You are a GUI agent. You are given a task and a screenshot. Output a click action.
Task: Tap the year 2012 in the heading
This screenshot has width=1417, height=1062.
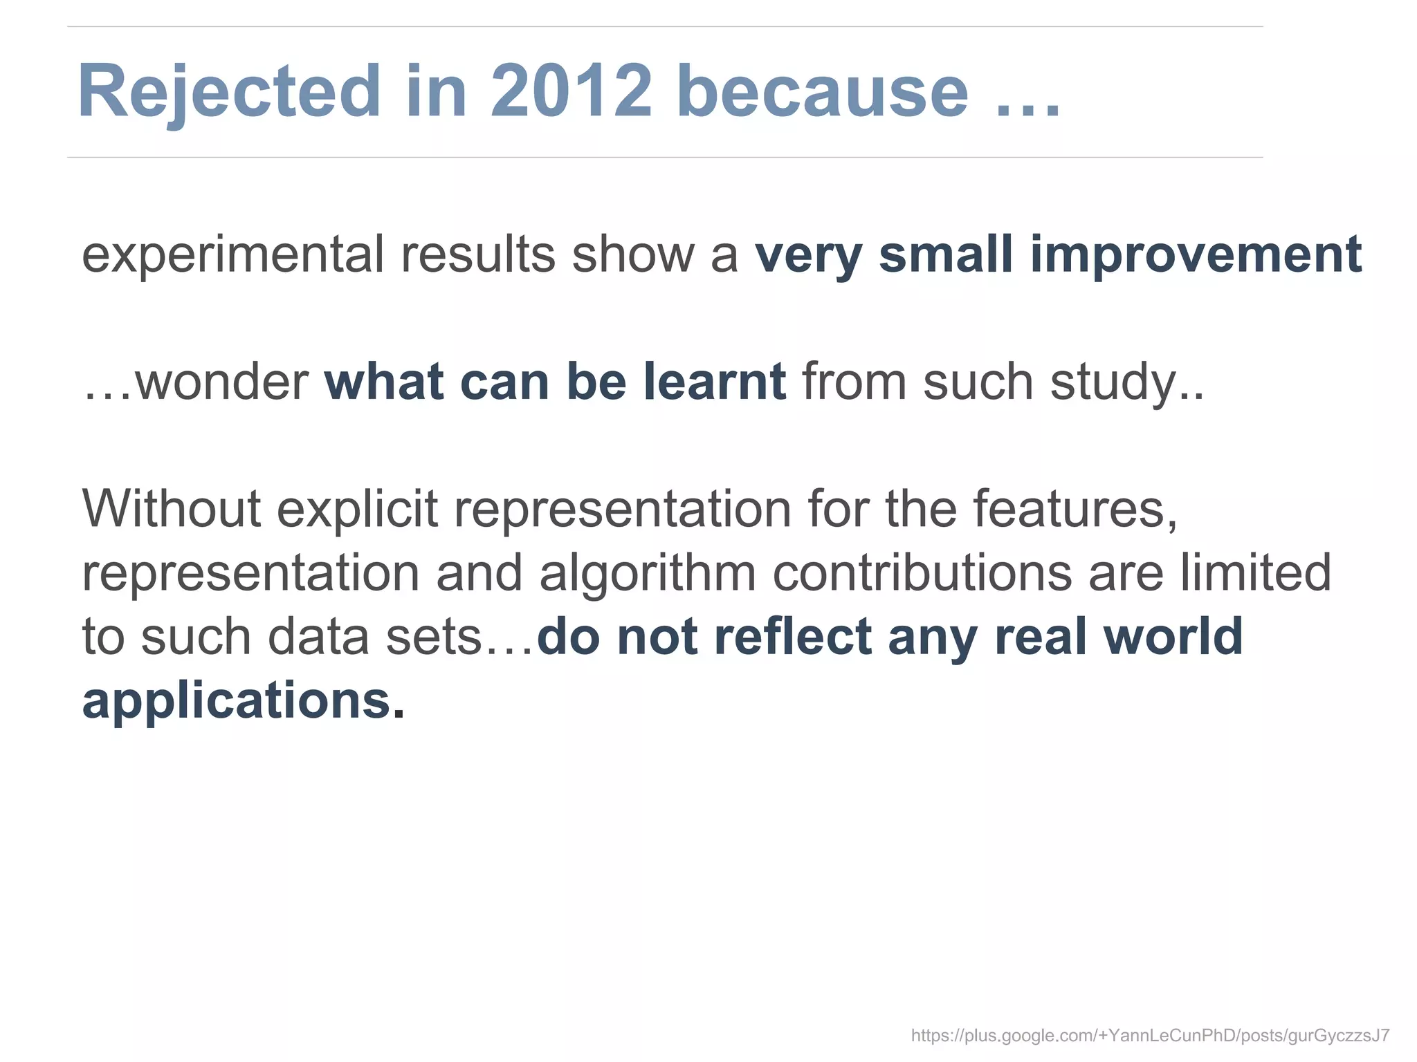click(x=572, y=92)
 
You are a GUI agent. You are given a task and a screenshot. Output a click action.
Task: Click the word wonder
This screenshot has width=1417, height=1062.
click(x=221, y=382)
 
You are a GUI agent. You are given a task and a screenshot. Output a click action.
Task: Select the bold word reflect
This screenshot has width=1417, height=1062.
click(x=792, y=636)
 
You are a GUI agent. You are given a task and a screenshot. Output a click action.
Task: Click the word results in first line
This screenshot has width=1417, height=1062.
click(x=478, y=254)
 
